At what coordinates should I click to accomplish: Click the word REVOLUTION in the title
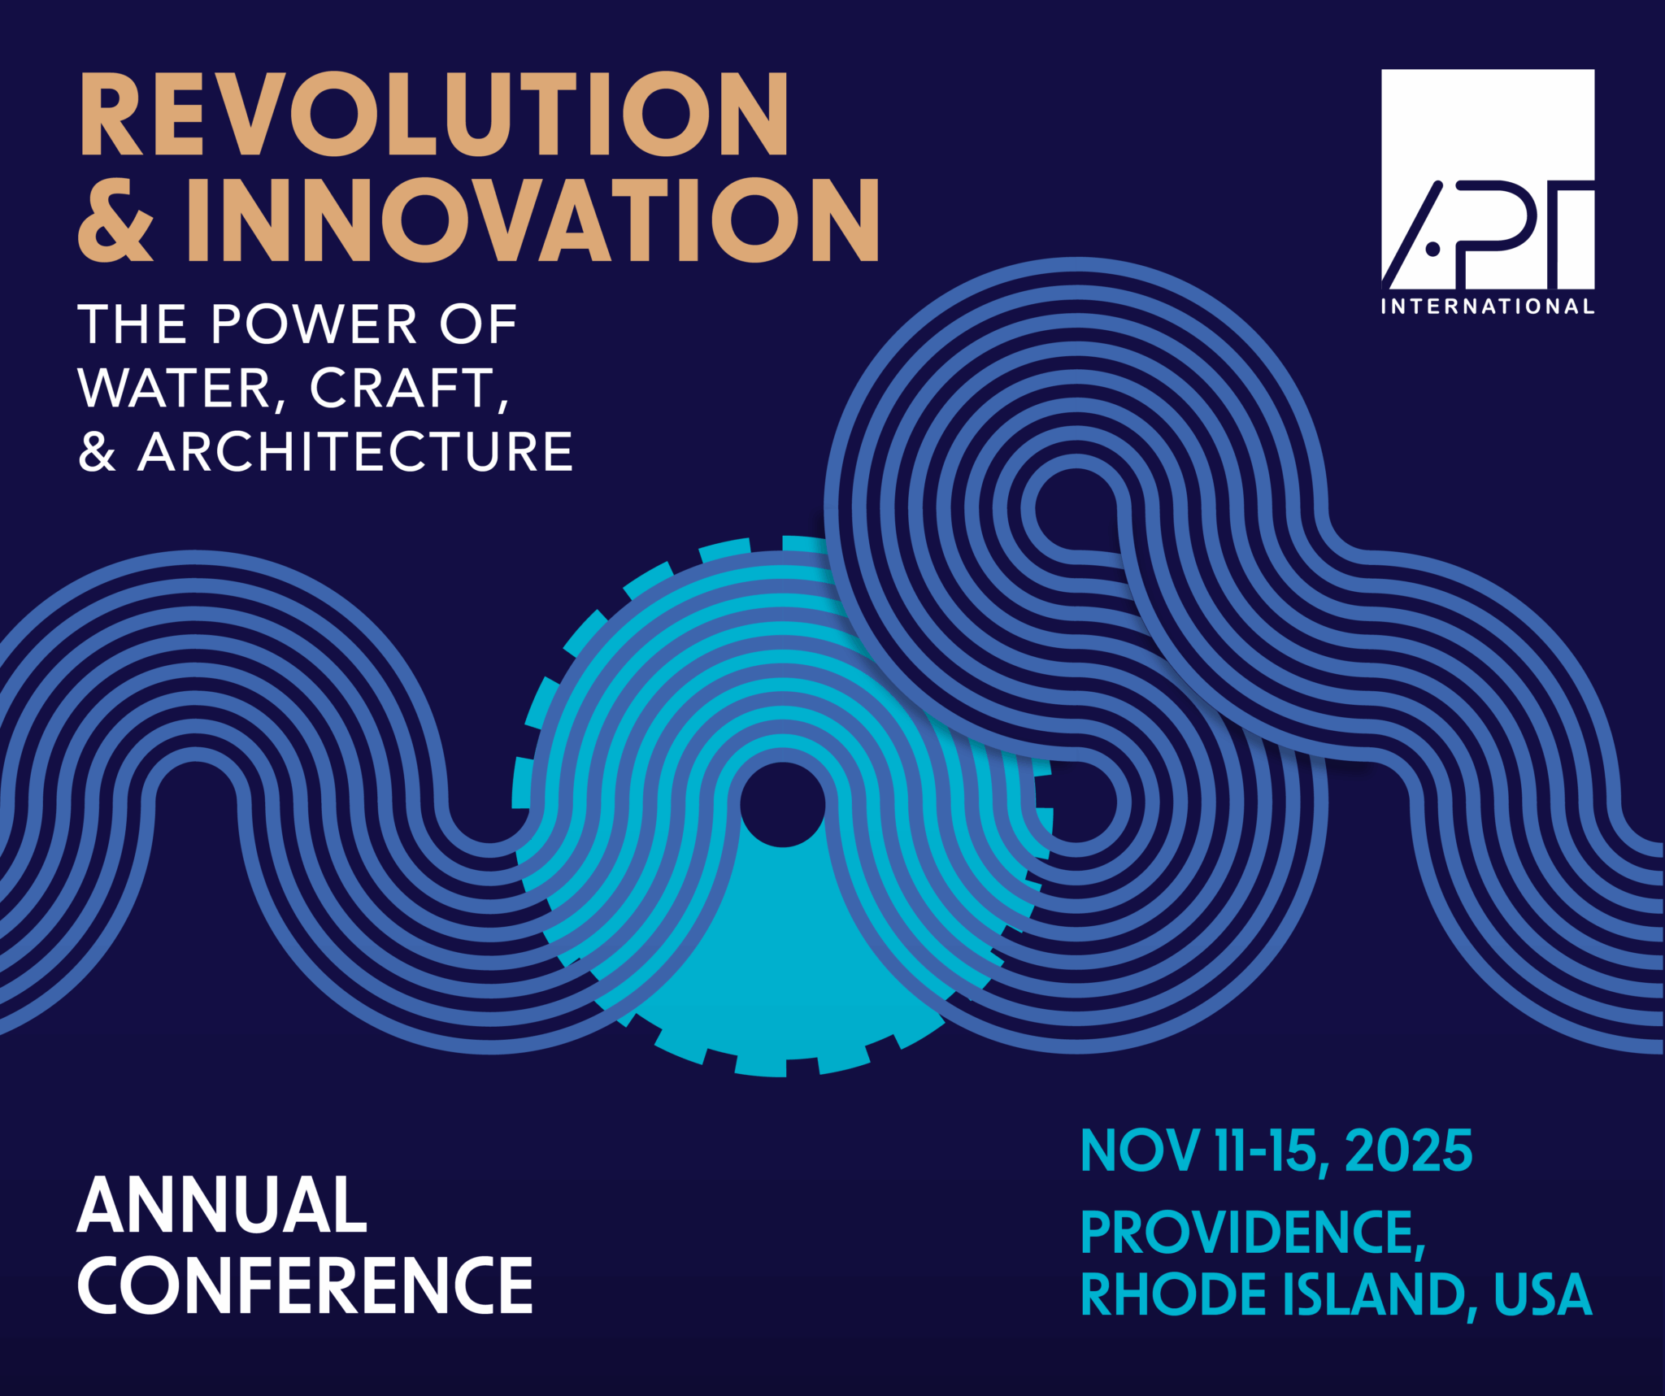tap(434, 114)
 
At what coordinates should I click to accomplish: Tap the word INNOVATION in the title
tap(533, 220)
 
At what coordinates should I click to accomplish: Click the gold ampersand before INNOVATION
tap(115, 220)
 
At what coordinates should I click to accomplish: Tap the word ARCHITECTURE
tap(356, 452)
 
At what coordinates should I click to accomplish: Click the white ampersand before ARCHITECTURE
tap(97, 452)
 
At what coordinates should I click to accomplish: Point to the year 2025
tap(1408, 1150)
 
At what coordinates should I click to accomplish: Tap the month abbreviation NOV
tap(1139, 1150)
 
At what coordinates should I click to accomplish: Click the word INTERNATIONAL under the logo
tap(1488, 307)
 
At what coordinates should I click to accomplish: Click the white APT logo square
tap(1488, 180)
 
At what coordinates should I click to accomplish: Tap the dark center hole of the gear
tap(782, 804)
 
